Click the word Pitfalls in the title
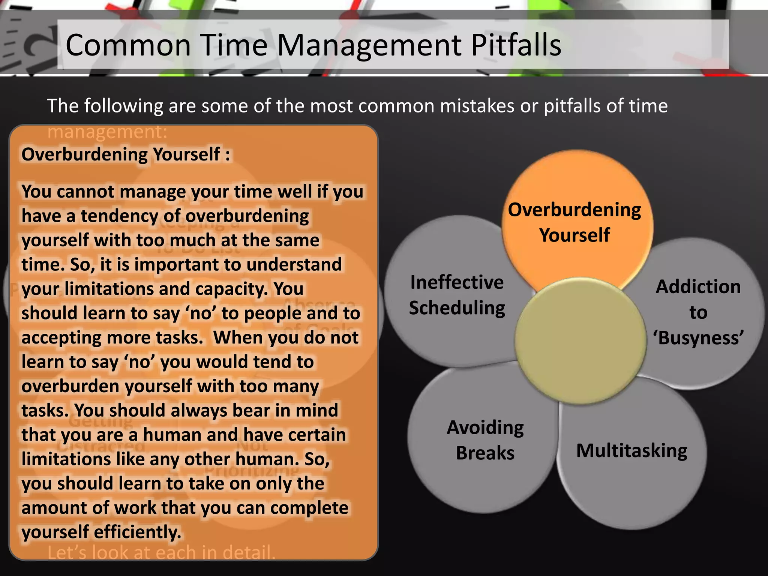516,45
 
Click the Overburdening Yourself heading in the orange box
126,154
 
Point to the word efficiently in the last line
137,532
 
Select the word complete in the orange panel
309,508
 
